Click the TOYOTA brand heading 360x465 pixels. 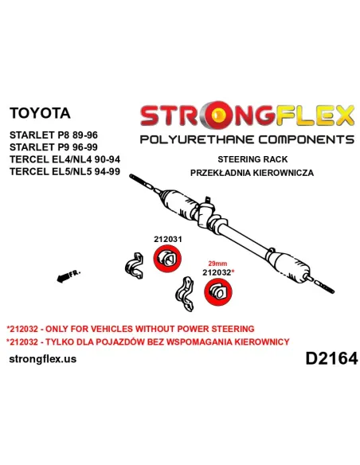pyautogui.click(x=40, y=113)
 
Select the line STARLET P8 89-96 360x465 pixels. pyautogui.click(x=53, y=135)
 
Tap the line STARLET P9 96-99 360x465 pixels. pyautogui.click(x=53, y=147)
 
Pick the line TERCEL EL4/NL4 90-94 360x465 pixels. pyautogui.click(x=65, y=159)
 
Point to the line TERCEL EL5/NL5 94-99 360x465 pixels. pyautogui.click(x=65, y=171)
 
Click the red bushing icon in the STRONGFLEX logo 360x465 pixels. pyautogui.click(x=219, y=114)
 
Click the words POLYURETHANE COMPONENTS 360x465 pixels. pyautogui.click(x=247, y=139)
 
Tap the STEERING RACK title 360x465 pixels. pyautogui.click(x=252, y=159)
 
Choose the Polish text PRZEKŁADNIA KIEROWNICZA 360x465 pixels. pyautogui.click(x=252, y=173)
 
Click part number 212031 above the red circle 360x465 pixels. pyautogui.click(x=168, y=239)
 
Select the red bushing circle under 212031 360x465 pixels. pyautogui.click(x=167, y=259)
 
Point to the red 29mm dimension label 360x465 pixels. pyautogui.click(x=217, y=264)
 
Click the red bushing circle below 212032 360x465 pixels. pyautogui.click(x=218, y=291)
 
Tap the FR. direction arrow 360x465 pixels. pyautogui.click(x=68, y=275)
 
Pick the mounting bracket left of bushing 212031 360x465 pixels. pyautogui.click(x=135, y=266)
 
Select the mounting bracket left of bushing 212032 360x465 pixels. pyautogui.click(x=185, y=294)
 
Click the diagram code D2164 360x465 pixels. pyautogui.click(x=332, y=358)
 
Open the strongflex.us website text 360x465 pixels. pyautogui.click(x=43, y=359)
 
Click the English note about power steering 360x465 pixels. pyautogui.click(x=131, y=329)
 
